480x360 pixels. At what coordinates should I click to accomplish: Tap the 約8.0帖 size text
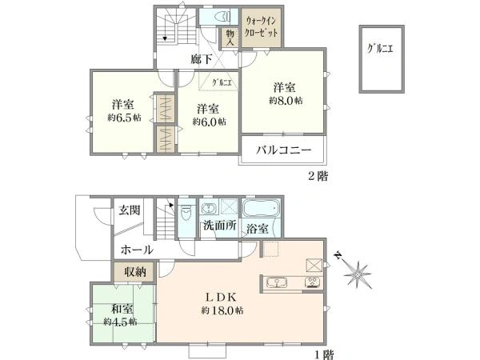(286, 101)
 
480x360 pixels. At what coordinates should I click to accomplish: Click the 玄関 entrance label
(130, 210)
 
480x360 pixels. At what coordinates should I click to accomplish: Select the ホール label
(138, 250)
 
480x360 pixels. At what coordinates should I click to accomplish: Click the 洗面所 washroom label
(219, 226)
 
